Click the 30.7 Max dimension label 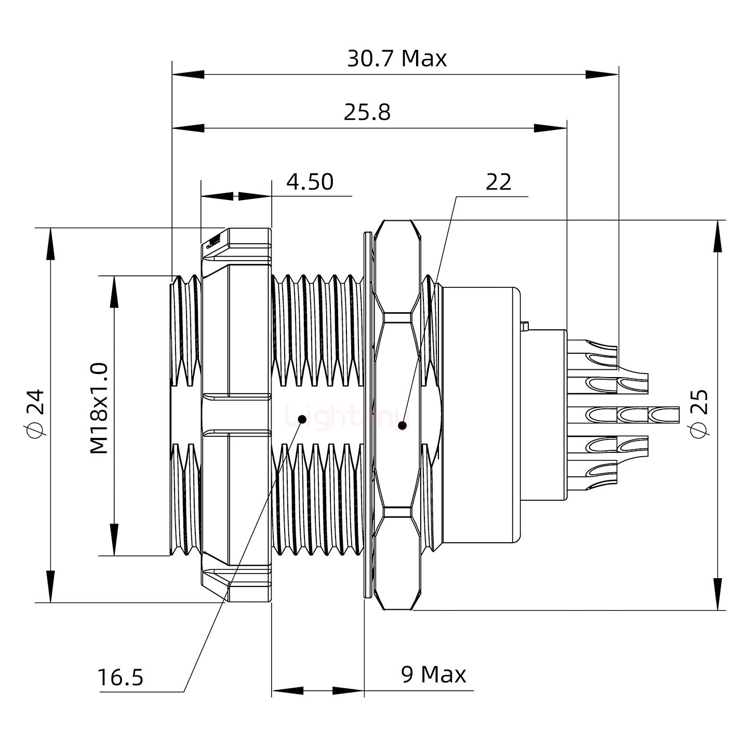click(x=396, y=59)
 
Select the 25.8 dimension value click(x=367, y=112)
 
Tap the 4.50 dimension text click(x=310, y=182)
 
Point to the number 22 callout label click(x=498, y=182)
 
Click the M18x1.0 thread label click(x=99, y=409)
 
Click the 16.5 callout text click(x=120, y=677)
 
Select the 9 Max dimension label click(x=433, y=674)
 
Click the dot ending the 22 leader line click(x=402, y=426)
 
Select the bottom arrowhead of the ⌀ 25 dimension click(x=718, y=595)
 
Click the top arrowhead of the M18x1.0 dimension click(x=113, y=291)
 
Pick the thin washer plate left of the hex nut click(x=368, y=416)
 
